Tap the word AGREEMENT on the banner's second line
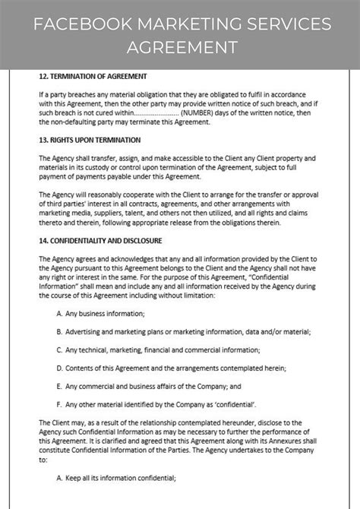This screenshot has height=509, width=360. (180, 47)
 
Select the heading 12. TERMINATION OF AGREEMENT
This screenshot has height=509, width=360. (93, 76)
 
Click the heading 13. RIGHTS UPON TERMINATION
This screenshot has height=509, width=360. (90, 140)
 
